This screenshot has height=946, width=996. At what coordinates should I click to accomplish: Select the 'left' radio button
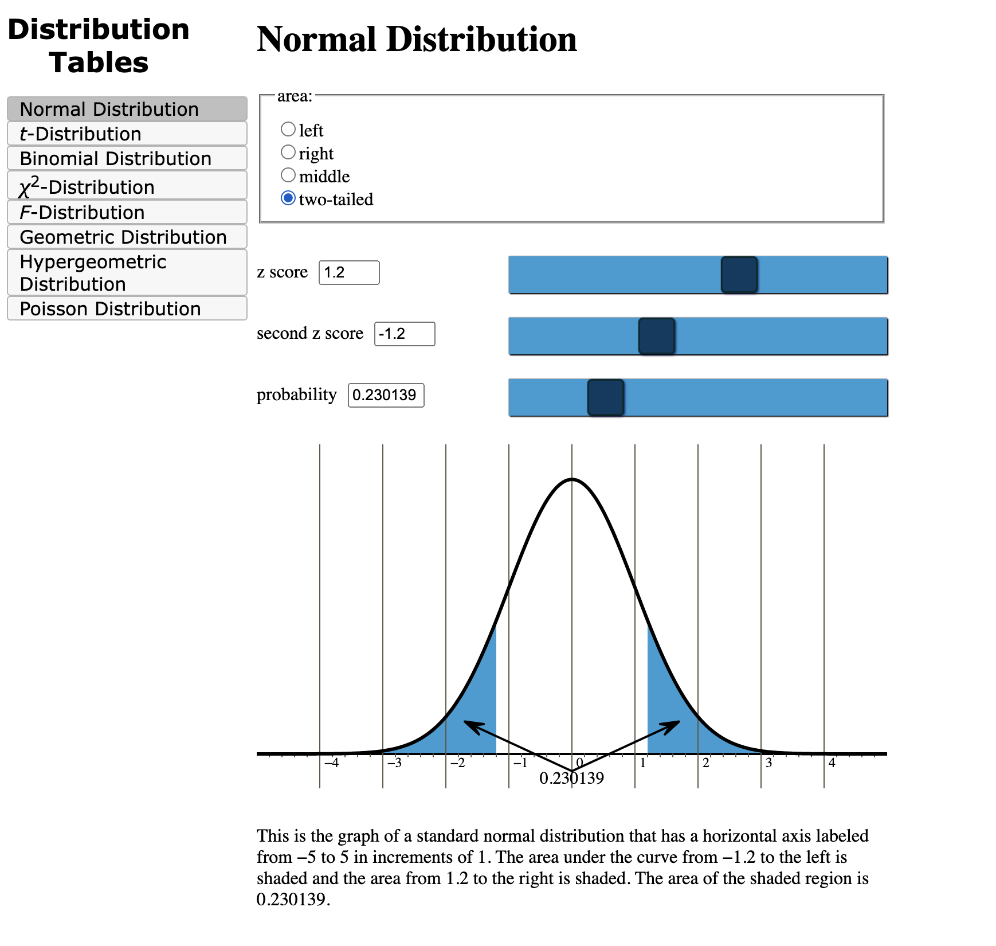[288, 129]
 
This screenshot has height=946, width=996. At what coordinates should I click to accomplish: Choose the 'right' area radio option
[288, 152]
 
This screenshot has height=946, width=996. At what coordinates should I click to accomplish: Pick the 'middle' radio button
[288, 175]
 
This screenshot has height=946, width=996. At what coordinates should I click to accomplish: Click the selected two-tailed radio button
[288, 198]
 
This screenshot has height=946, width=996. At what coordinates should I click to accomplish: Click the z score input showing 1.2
[348, 272]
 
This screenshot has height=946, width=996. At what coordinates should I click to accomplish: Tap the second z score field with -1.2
[404, 334]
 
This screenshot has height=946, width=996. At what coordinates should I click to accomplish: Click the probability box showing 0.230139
[386, 395]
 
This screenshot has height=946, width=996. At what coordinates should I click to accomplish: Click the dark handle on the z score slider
[739, 275]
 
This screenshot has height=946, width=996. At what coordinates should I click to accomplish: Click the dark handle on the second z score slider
[656, 336]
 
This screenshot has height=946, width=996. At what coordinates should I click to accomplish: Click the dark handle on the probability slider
[605, 397]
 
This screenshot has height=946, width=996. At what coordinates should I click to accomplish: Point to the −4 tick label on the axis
[331, 763]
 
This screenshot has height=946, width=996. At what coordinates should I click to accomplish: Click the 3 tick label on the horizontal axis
[768, 763]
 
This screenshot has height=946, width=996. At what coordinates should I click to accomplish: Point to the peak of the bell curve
[571, 479]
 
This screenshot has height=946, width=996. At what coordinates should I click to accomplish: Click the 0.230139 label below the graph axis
[571, 778]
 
